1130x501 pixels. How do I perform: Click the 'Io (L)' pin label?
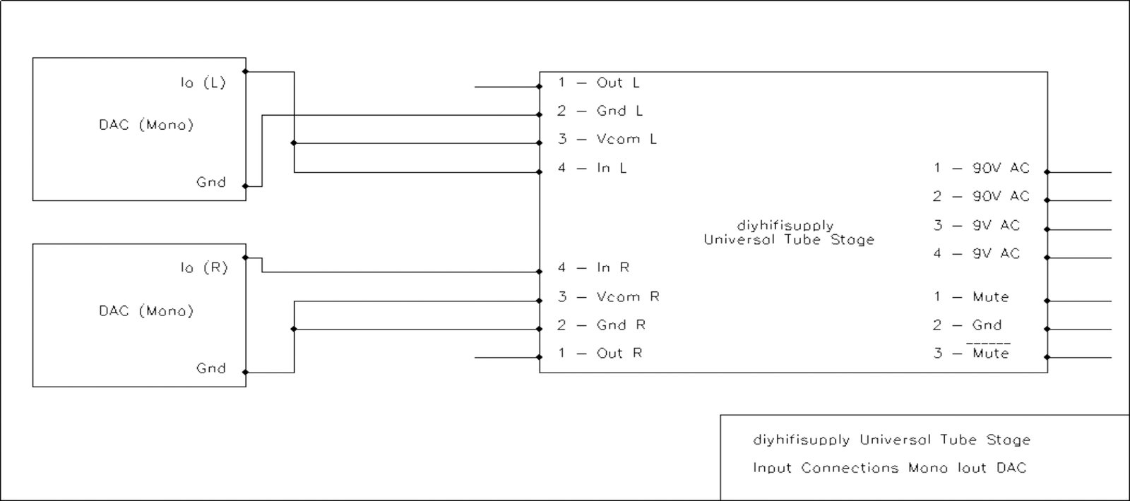pos(203,83)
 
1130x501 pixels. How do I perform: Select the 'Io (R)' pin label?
pos(203,268)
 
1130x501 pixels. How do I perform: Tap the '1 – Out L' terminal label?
pos(599,83)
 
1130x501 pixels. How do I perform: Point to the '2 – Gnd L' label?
pos(600,111)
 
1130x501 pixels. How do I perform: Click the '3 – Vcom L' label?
pos(607,139)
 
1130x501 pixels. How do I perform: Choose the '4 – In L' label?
pos(593,168)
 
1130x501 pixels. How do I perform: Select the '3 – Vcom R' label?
pos(609,296)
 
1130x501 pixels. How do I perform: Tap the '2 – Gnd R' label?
pos(602,325)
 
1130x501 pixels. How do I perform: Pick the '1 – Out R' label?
pos(600,353)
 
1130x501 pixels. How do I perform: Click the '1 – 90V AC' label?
pos(982,168)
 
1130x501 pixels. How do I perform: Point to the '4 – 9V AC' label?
pos(977,253)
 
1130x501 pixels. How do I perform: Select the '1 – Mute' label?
pos(971,297)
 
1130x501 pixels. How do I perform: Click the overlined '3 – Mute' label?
pos(971,353)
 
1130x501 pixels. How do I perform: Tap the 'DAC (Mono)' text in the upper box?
pos(146,125)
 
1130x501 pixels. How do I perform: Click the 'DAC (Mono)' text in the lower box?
pos(146,311)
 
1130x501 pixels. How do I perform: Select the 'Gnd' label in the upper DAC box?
pos(211,182)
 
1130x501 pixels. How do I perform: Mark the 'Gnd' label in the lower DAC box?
pos(211,368)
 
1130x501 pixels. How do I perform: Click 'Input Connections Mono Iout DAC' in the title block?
pos(889,468)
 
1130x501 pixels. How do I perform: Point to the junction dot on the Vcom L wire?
pos(295,143)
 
